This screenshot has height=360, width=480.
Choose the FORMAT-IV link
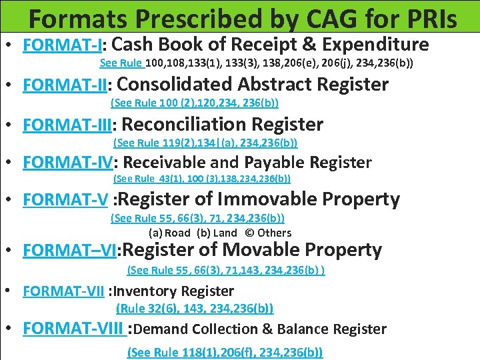pos(69,163)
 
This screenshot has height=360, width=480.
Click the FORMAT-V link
pos(65,199)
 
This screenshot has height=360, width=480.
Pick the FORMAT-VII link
pos(64,291)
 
